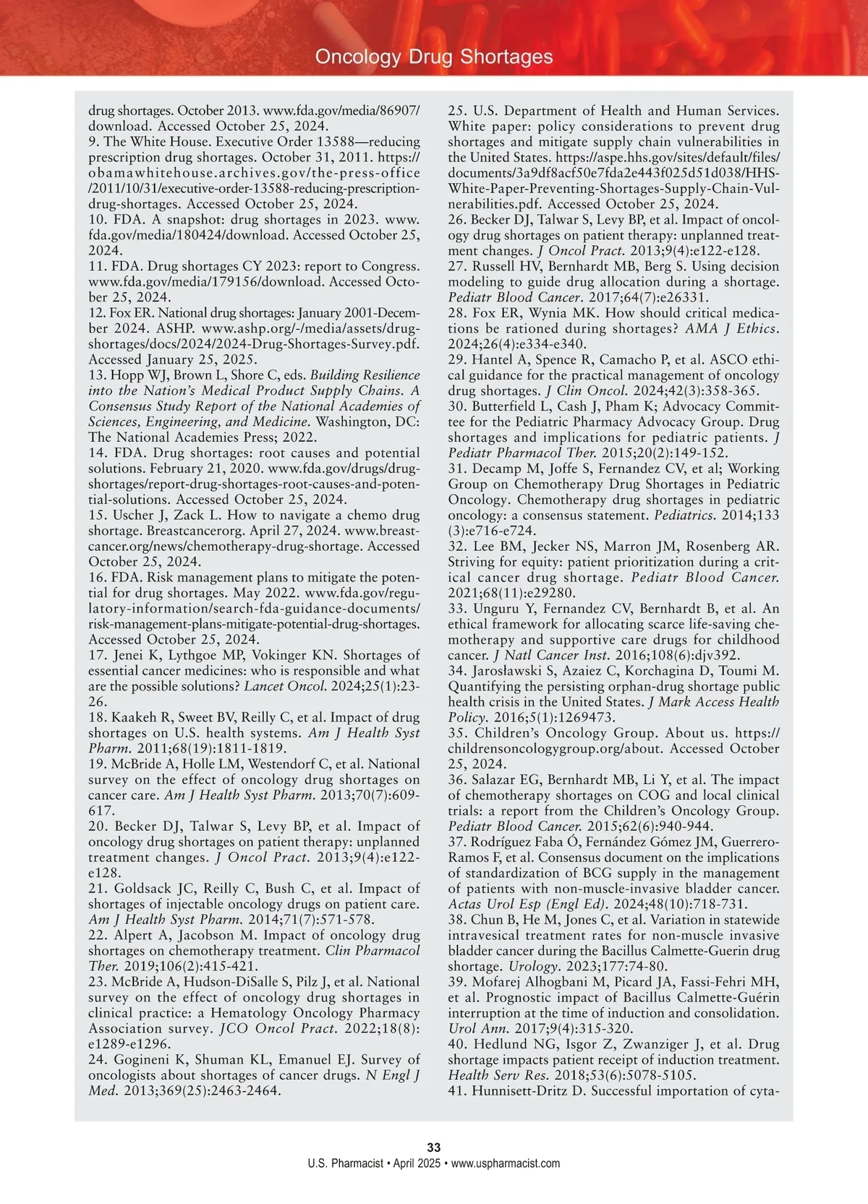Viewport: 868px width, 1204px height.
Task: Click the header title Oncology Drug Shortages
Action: click(x=434, y=57)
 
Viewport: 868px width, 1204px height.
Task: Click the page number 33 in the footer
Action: click(x=434, y=1148)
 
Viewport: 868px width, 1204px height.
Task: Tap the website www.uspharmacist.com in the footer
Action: click(x=506, y=1164)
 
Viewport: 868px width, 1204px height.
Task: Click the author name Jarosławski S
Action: click(x=514, y=671)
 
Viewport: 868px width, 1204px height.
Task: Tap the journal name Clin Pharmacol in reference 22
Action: click(x=373, y=951)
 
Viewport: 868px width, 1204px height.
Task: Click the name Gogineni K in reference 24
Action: click(x=149, y=1059)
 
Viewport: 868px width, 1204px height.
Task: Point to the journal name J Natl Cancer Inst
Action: click(x=551, y=655)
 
